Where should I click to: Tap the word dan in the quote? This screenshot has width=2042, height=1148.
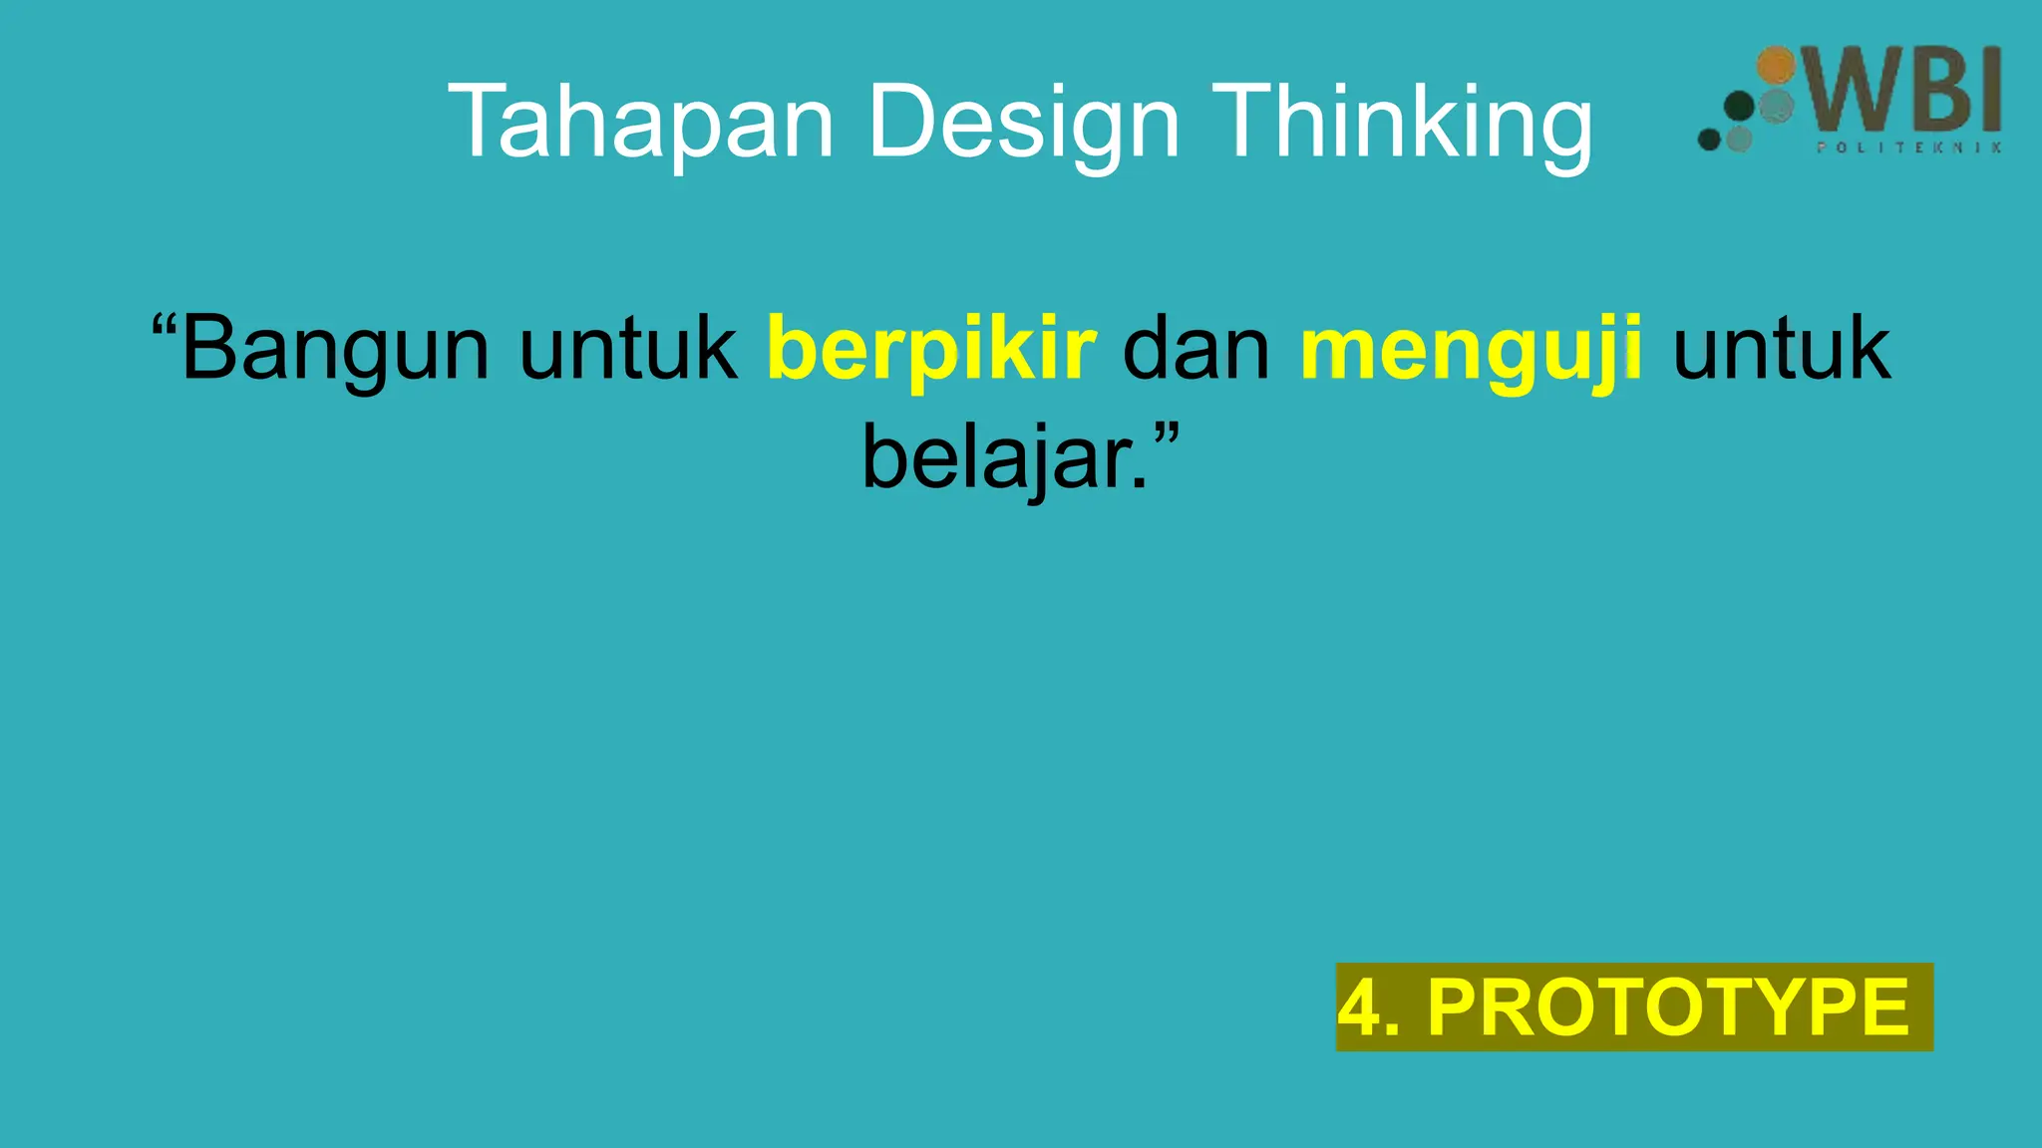1196,349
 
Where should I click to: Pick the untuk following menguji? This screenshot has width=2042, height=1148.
1781,349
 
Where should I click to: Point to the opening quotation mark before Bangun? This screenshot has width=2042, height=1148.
164,326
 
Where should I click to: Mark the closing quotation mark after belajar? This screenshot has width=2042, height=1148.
1167,434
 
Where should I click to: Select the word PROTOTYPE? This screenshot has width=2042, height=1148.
1668,1007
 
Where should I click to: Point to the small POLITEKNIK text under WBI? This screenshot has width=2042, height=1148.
1908,147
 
